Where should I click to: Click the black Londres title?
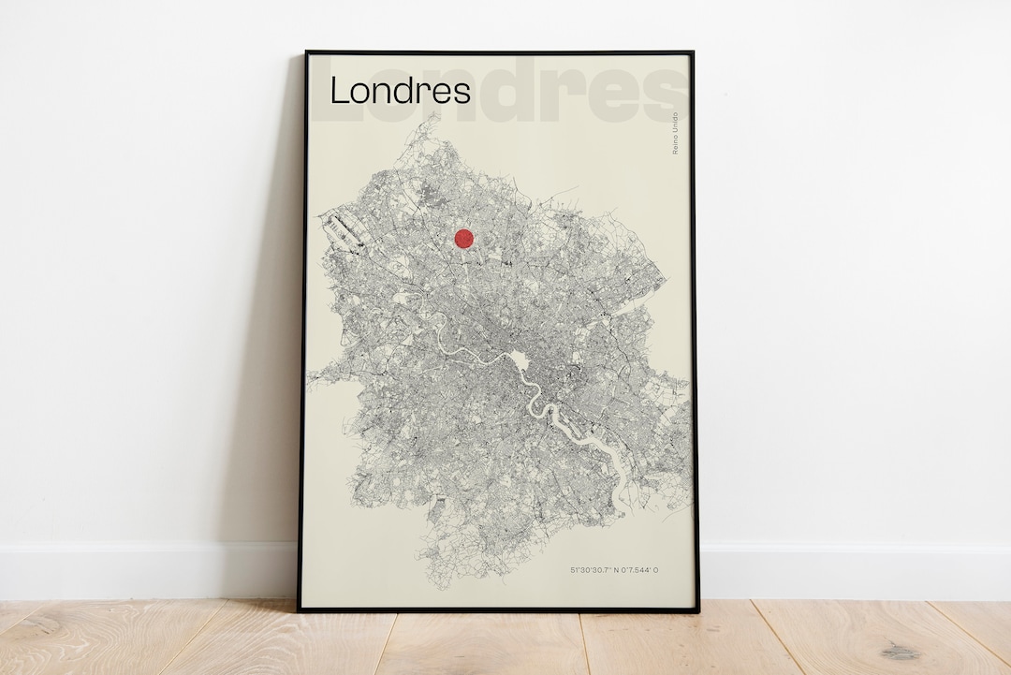(x=401, y=91)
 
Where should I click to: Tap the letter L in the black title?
(x=338, y=91)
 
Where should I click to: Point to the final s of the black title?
(x=462, y=94)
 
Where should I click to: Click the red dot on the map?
(x=463, y=238)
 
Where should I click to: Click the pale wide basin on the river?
(x=518, y=359)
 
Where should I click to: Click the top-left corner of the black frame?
(x=306, y=52)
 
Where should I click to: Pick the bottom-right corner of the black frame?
(x=697, y=610)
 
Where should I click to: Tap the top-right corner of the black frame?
(x=692, y=53)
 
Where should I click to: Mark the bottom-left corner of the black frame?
(x=300, y=609)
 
